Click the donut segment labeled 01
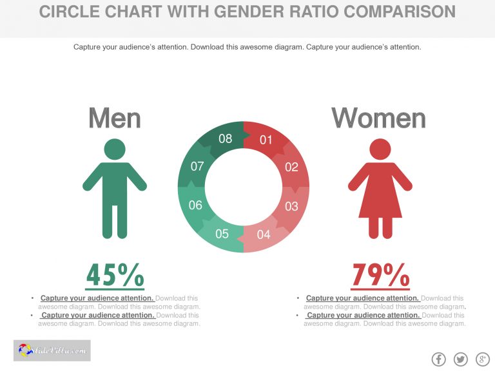[x=266, y=140]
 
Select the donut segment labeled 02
[x=291, y=167]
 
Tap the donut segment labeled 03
[x=291, y=206]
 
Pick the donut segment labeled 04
[x=264, y=234]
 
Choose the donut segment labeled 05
[x=222, y=234]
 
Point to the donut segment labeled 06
[x=195, y=205]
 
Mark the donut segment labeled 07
[x=197, y=166]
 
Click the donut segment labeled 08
[x=225, y=138]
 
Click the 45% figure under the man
[x=115, y=276]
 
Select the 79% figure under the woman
[x=380, y=276]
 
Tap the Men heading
[x=115, y=119]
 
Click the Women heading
[x=379, y=119]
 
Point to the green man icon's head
[x=115, y=149]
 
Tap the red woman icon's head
[x=380, y=149]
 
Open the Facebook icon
[x=438, y=359]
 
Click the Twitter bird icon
[x=460, y=359]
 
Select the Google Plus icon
[x=482, y=359]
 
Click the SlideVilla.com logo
[x=52, y=350]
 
